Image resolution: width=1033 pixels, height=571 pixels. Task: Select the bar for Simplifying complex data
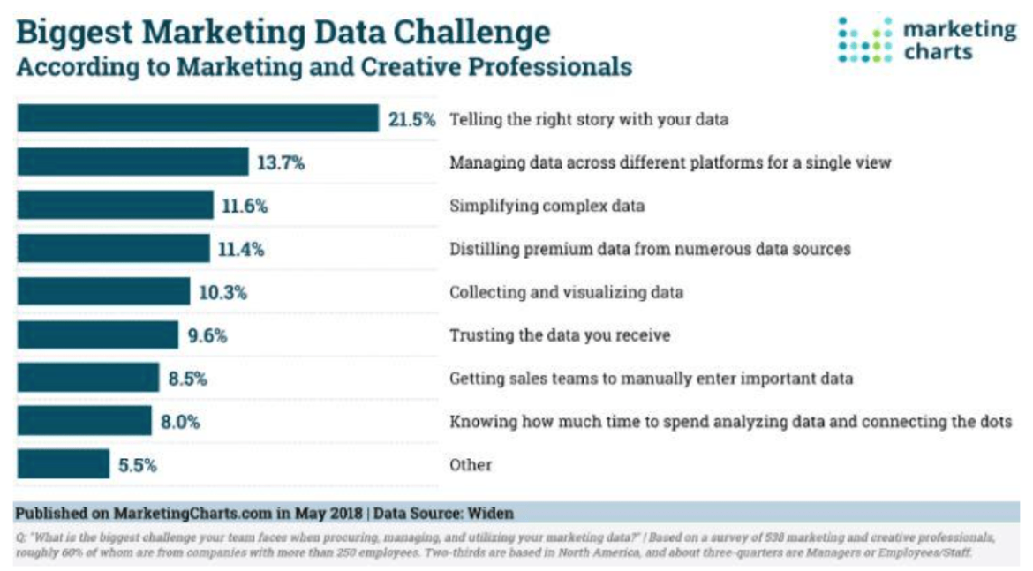pyautogui.click(x=115, y=205)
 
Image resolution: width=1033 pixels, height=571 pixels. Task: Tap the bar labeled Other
pyautogui.click(x=63, y=464)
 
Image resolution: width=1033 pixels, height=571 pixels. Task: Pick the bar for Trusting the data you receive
pyautogui.click(x=97, y=334)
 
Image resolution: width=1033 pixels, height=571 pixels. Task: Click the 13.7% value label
pyautogui.click(x=280, y=162)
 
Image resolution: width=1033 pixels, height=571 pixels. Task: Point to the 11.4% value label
pyautogui.click(x=241, y=249)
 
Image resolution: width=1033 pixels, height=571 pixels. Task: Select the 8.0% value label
pyautogui.click(x=180, y=422)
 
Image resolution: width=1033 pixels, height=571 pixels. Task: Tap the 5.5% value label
pyautogui.click(x=137, y=465)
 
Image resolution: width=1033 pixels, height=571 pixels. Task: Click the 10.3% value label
pyautogui.click(x=222, y=292)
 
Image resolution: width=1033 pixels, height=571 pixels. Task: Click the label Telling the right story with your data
pyautogui.click(x=589, y=119)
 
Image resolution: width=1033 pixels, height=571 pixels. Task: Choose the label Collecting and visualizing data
pyautogui.click(x=566, y=292)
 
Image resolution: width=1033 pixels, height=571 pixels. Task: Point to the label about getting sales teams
pyautogui.click(x=652, y=379)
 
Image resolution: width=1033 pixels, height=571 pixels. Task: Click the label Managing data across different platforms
pyautogui.click(x=671, y=162)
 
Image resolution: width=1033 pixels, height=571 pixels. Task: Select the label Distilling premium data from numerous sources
pyautogui.click(x=650, y=249)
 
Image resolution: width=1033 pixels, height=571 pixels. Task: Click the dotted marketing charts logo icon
pyautogui.click(x=864, y=40)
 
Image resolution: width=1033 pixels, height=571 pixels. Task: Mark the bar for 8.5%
pyautogui.click(x=87, y=378)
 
